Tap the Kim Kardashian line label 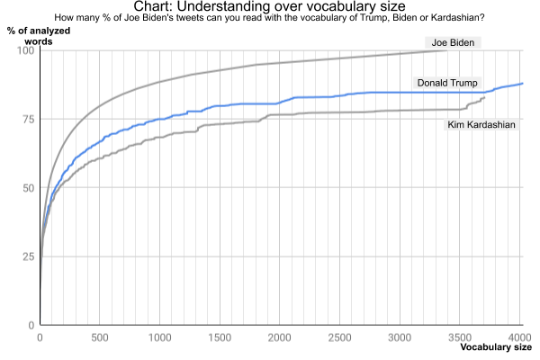pos(481,124)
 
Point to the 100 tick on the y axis pos(26,50)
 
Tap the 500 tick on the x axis pos(100,338)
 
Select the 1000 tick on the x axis pos(160,338)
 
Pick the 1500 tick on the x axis pos(220,338)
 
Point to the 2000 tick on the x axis pos(281,338)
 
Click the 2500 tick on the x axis pos(341,338)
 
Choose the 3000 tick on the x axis pos(401,338)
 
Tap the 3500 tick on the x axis pos(462,338)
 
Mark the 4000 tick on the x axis pos(520,338)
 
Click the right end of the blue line pos(523,83)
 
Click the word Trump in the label pos(462,83)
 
